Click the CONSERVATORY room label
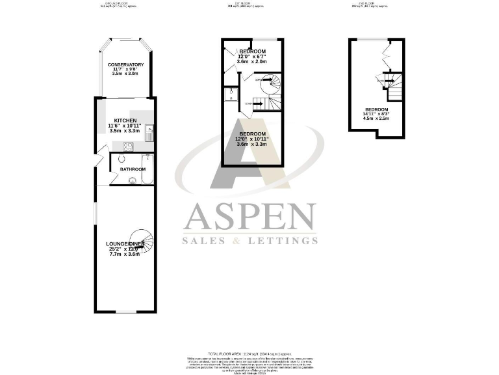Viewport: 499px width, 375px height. pos(125,64)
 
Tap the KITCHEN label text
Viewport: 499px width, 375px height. pos(125,121)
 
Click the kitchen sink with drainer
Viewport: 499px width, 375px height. pos(149,133)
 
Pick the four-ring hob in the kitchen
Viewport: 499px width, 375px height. pos(129,146)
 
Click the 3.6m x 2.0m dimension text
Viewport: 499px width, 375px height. pos(253,61)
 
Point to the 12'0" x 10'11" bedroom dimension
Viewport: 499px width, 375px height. pos(252,139)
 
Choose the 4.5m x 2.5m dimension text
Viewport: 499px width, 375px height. pos(376,118)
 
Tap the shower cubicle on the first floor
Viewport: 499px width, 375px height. pos(231,95)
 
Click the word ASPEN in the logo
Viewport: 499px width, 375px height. pos(250,218)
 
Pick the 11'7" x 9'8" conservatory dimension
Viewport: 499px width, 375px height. pos(125,69)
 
